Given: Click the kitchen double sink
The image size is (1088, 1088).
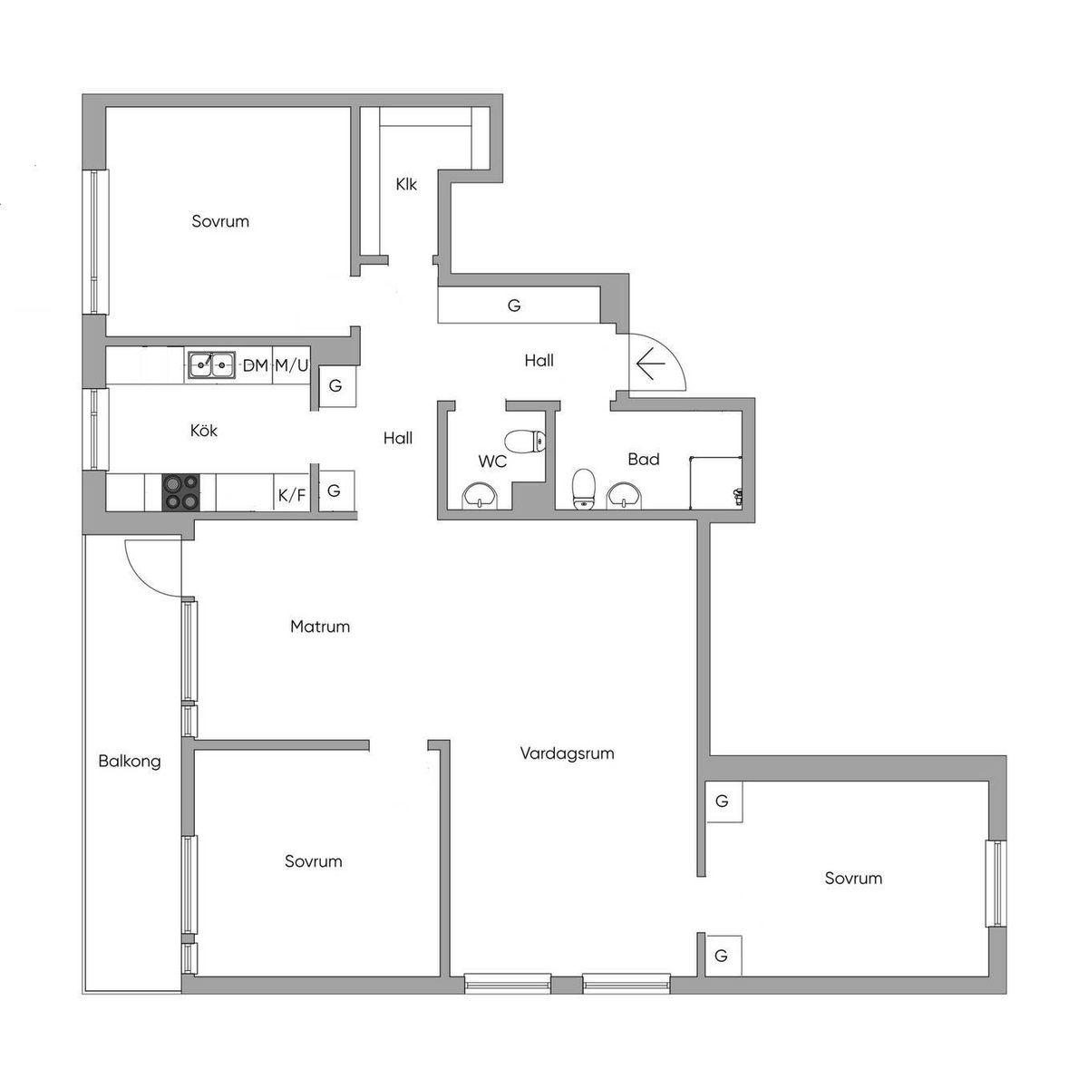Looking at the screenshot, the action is click(x=211, y=364).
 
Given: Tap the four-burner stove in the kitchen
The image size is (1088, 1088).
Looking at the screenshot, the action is click(x=180, y=491).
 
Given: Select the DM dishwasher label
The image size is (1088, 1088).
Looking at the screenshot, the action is click(x=255, y=366).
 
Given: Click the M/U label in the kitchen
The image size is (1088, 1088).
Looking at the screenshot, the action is click(x=291, y=366).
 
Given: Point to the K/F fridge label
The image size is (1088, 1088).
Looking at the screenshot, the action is click(x=292, y=495).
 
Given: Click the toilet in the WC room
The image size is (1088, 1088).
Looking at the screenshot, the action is click(x=525, y=442).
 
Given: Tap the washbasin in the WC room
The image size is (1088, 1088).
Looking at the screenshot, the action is click(x=481, y=496).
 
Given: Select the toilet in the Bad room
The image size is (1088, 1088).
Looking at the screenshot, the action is click(x=584, y=489).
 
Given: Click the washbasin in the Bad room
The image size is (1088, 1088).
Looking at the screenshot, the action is click(x=624, y=496).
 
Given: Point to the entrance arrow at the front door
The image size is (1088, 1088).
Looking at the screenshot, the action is click(x=651, y=364).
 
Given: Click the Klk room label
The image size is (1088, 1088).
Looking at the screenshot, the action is click(x=406, y=184).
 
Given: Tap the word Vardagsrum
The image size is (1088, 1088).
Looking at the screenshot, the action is click(x=567, y=753).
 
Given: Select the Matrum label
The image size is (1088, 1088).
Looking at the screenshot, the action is click(x=320, y=627).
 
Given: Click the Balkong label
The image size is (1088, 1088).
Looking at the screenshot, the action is click(x=130, y=762).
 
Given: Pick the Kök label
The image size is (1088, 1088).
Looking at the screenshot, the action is click(x=204, y=431).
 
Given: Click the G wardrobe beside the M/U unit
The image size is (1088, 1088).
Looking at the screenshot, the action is click(x=337, y=385).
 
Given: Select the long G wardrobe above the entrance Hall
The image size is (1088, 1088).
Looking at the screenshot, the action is click(x=519, y=306).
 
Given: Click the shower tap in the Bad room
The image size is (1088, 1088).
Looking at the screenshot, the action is click(x=737, y=496).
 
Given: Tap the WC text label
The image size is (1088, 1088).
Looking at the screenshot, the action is click(x=492, y=461).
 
